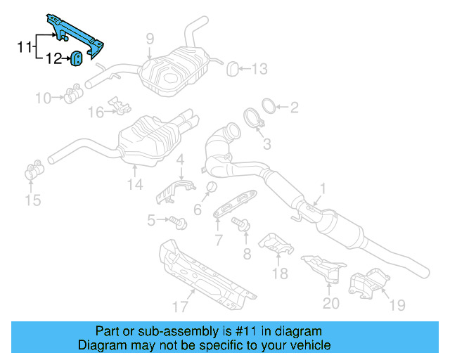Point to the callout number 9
pyautogui.click(x=150, y=38)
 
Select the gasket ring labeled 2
pyautogui.click(x=266, y=107)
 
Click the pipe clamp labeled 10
pyautogui.click(x=72, y=93)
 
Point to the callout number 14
pyautogui.click(x=135, y=185)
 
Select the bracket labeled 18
pyautogui.click(x=277, y=244)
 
